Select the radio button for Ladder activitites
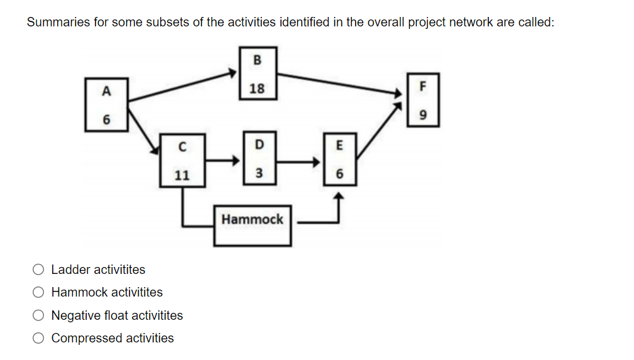click(39, 270)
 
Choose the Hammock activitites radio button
click(39, 293)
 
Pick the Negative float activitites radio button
click(39, 315)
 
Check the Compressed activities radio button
click(39, 339)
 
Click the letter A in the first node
click(106, 91)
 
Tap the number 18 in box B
click(257, 89)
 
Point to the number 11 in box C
click(182, 175)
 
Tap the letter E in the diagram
click(340, 146)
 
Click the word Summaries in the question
click(55, 23)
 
